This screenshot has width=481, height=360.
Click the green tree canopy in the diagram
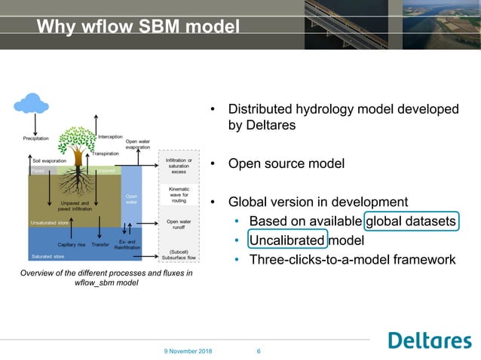coord(77,137)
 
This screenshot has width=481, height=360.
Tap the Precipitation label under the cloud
coord(35,139)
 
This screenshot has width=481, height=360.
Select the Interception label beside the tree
coord(110,137)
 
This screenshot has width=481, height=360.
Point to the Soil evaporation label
coord(47,160)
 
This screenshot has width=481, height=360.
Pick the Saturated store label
coord(47,257)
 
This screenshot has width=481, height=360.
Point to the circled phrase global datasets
coord(411,221)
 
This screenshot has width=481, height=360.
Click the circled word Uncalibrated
coord(287,240)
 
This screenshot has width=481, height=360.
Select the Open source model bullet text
coord(286,163)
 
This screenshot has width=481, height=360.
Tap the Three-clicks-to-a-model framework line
coord(352,260)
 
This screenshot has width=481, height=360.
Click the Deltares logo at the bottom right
coord(429,340)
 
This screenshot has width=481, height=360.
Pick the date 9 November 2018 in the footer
coord(189,351)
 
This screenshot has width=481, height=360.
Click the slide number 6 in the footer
coord(259,351)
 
